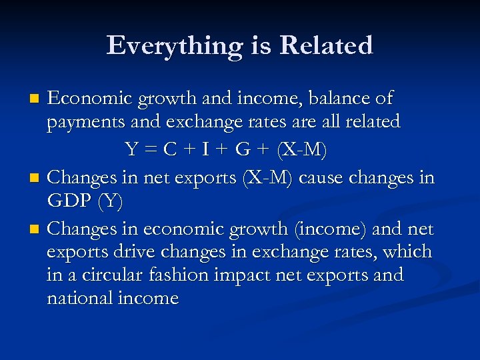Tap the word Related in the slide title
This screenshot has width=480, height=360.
coord(326,46)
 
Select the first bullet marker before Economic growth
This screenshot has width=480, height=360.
coord(37,100)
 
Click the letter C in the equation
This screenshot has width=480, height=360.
coord(171,150)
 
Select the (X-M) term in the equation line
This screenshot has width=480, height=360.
coord(303,150)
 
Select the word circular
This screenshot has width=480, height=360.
coord(107,275)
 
